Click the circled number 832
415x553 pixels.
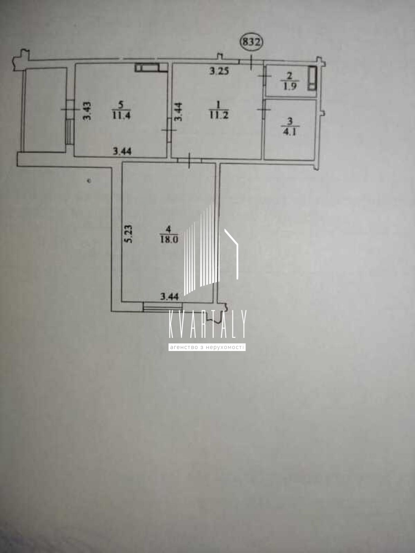point(252,42)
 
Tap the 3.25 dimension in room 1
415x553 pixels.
point(219,71)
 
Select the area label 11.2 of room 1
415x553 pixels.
point(219,115)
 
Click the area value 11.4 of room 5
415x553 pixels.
point(121,115)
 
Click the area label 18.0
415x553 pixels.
point(169,239)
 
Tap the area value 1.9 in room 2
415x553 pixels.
point(290,86)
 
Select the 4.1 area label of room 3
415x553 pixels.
point(290,131)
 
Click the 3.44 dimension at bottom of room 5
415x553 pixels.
point(122,151)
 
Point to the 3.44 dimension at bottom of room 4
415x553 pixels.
point(170,296)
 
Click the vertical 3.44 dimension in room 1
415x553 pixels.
point(178,111)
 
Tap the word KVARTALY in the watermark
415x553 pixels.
point(207,324)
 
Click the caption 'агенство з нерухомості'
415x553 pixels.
point(207,347)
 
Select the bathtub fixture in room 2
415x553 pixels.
point(312,78)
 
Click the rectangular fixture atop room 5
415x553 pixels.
point(151,68)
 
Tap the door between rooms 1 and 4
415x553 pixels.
point(189,160)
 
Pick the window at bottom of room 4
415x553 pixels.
point(162,307)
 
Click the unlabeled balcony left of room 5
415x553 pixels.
point(45,110)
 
